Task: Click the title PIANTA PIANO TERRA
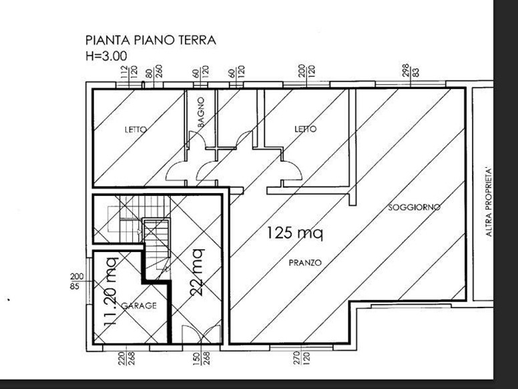(151, 40)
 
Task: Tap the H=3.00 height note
(106, 56)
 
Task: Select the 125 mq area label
(294, 233)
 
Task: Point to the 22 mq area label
(197, 272)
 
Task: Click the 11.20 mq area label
(110, 291)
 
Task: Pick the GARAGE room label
(139, 305)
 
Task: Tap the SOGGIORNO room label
(414, 207)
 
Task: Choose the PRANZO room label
(305, 263)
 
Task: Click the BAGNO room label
(201, 112)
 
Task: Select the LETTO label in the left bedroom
(136, 130)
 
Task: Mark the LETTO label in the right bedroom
(305, 129)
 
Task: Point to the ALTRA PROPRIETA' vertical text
(489, 202)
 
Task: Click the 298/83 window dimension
(411, 70)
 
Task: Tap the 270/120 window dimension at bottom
(300, 358)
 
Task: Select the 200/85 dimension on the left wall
(77, 281)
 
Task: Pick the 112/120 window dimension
(129, 72)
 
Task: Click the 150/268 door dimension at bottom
(201, 358)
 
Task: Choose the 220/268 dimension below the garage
(127, 358)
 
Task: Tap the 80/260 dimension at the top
(154, 72)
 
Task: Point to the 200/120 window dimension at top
(306, 71)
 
